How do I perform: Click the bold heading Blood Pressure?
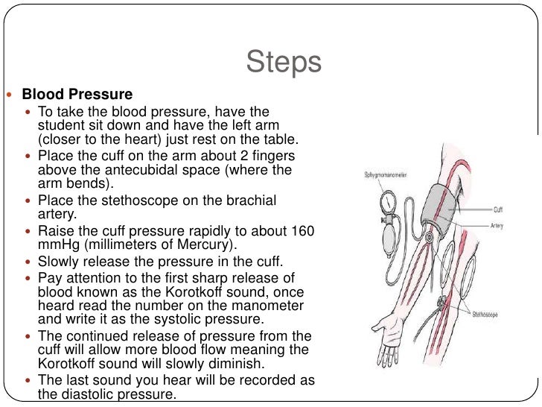(77, 95)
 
